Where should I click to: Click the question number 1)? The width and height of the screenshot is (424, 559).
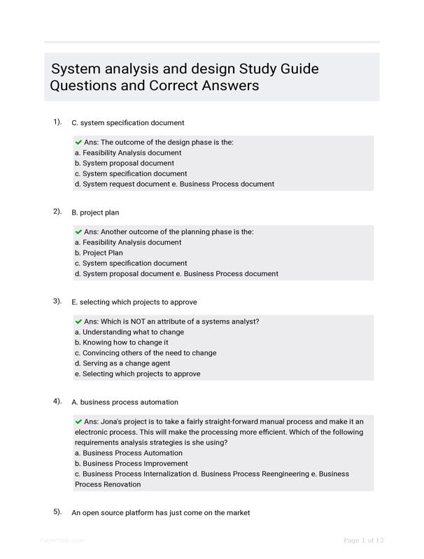(x=57, y=122)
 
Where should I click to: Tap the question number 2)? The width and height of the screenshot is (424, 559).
(x=57, y=211)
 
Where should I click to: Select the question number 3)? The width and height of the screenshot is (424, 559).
(x=57, y=301)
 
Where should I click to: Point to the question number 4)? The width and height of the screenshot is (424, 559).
(x=57, y=401)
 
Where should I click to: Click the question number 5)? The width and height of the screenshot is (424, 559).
(x=57, y=511)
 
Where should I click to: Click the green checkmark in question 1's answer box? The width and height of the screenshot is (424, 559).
(x=78, y=143)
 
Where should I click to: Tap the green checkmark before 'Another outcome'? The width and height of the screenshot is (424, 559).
(x=78, y=232)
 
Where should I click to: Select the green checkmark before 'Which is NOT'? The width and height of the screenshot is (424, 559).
(x=78, y=321)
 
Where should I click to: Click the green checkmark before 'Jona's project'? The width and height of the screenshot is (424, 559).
(x=78, y=422)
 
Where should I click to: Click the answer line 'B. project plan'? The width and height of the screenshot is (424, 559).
(x=95, y=212)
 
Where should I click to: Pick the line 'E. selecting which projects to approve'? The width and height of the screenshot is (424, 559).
(x=134, y=302)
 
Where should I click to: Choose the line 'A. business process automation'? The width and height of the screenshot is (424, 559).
(x=125, y=402)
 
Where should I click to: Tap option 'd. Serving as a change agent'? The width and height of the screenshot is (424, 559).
(x=127, y=363)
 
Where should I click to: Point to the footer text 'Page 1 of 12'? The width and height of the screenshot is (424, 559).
(x=363, y=540)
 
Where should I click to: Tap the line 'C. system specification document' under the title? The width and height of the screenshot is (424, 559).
(x=127, y=123)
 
